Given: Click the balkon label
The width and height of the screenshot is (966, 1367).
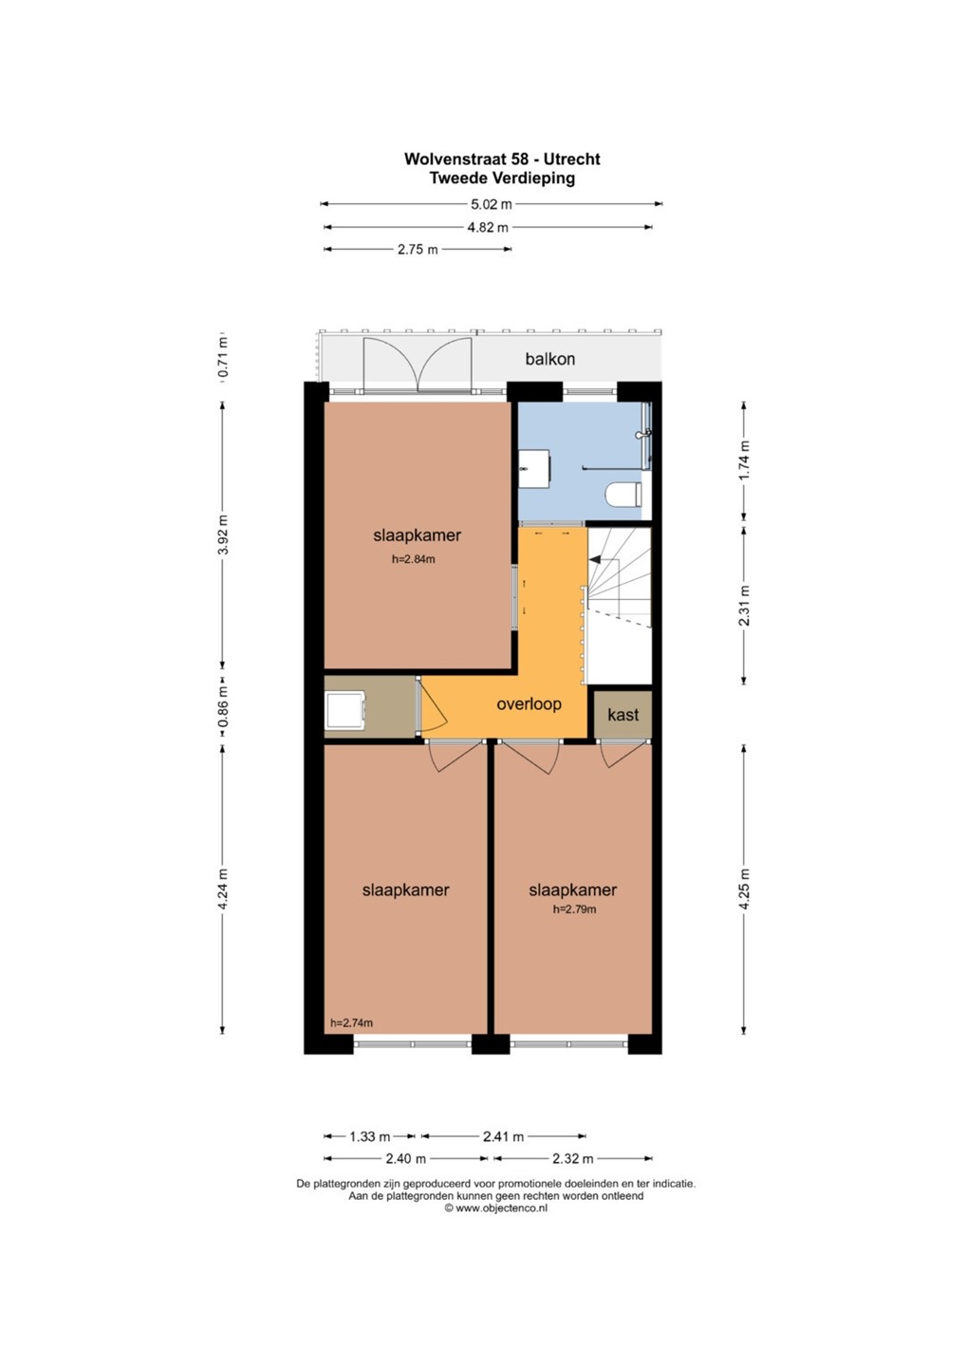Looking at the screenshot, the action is coord(550,359).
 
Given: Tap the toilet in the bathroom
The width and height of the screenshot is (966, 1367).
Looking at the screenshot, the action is coord(623,493).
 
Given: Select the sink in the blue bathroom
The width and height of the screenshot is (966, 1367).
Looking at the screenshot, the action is coord(534,469).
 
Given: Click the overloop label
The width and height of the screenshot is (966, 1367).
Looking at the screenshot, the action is coord(529,704).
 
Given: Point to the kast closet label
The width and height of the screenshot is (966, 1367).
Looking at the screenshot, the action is coord(623,715).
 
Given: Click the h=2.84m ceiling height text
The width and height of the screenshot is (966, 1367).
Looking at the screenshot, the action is coord(414,559).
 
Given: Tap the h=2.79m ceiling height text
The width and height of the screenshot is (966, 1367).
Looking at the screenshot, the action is coord(574,909).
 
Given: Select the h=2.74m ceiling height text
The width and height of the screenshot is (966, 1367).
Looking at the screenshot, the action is coord(351,1022).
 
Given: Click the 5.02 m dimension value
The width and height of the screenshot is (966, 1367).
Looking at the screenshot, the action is coord(492,204).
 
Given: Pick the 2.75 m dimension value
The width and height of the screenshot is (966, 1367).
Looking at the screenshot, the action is coord(418,250).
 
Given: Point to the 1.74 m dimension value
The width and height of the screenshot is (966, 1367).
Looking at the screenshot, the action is coord(744,460).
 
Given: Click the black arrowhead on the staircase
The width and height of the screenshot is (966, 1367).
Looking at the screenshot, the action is coord(594,558).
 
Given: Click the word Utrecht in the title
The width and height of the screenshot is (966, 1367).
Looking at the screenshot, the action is coord(572,159).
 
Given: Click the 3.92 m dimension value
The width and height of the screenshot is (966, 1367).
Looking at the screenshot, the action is coord(223,534).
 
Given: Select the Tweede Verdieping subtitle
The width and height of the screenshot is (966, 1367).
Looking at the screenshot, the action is coord(502,178).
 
